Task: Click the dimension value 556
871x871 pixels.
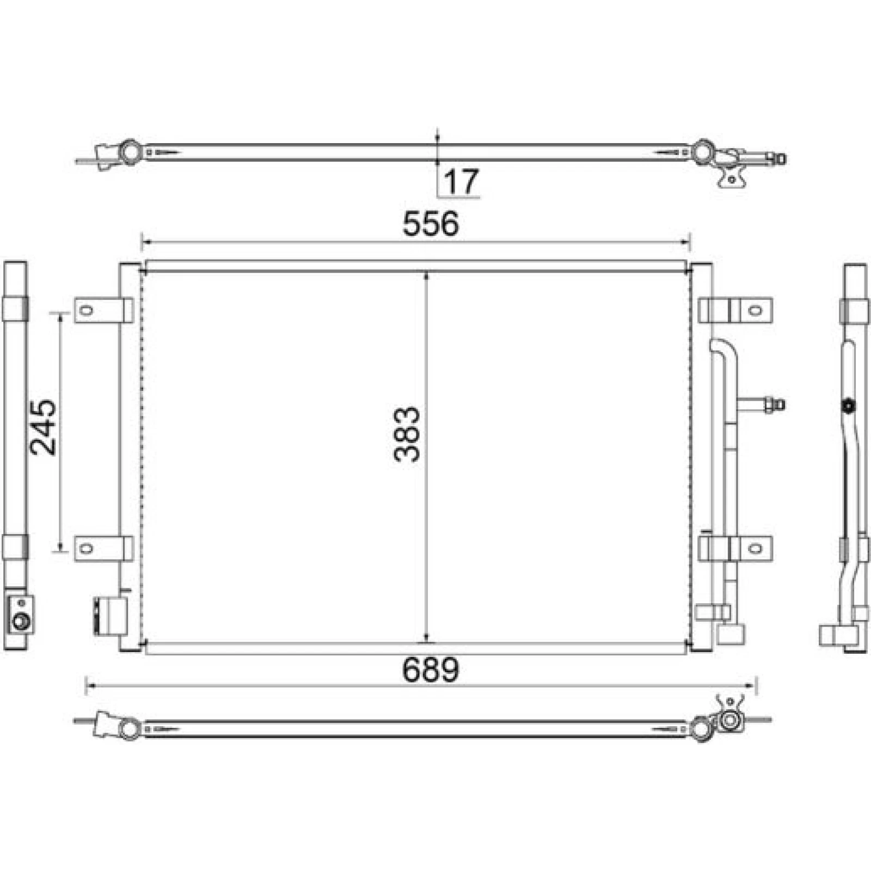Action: [431, 224]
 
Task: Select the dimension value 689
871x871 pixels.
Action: [431, 670]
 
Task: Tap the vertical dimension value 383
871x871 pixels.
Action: [407, 434]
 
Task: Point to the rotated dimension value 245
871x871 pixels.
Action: [43, 428]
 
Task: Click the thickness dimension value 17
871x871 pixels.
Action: [462, 181]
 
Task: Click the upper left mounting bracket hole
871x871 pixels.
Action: [86, 311]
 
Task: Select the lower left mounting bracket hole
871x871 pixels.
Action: [86, 548]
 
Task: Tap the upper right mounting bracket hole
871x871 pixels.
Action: [755, 311]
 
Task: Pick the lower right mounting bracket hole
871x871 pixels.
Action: [755, 548]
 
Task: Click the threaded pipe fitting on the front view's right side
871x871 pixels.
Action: [775, 404]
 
